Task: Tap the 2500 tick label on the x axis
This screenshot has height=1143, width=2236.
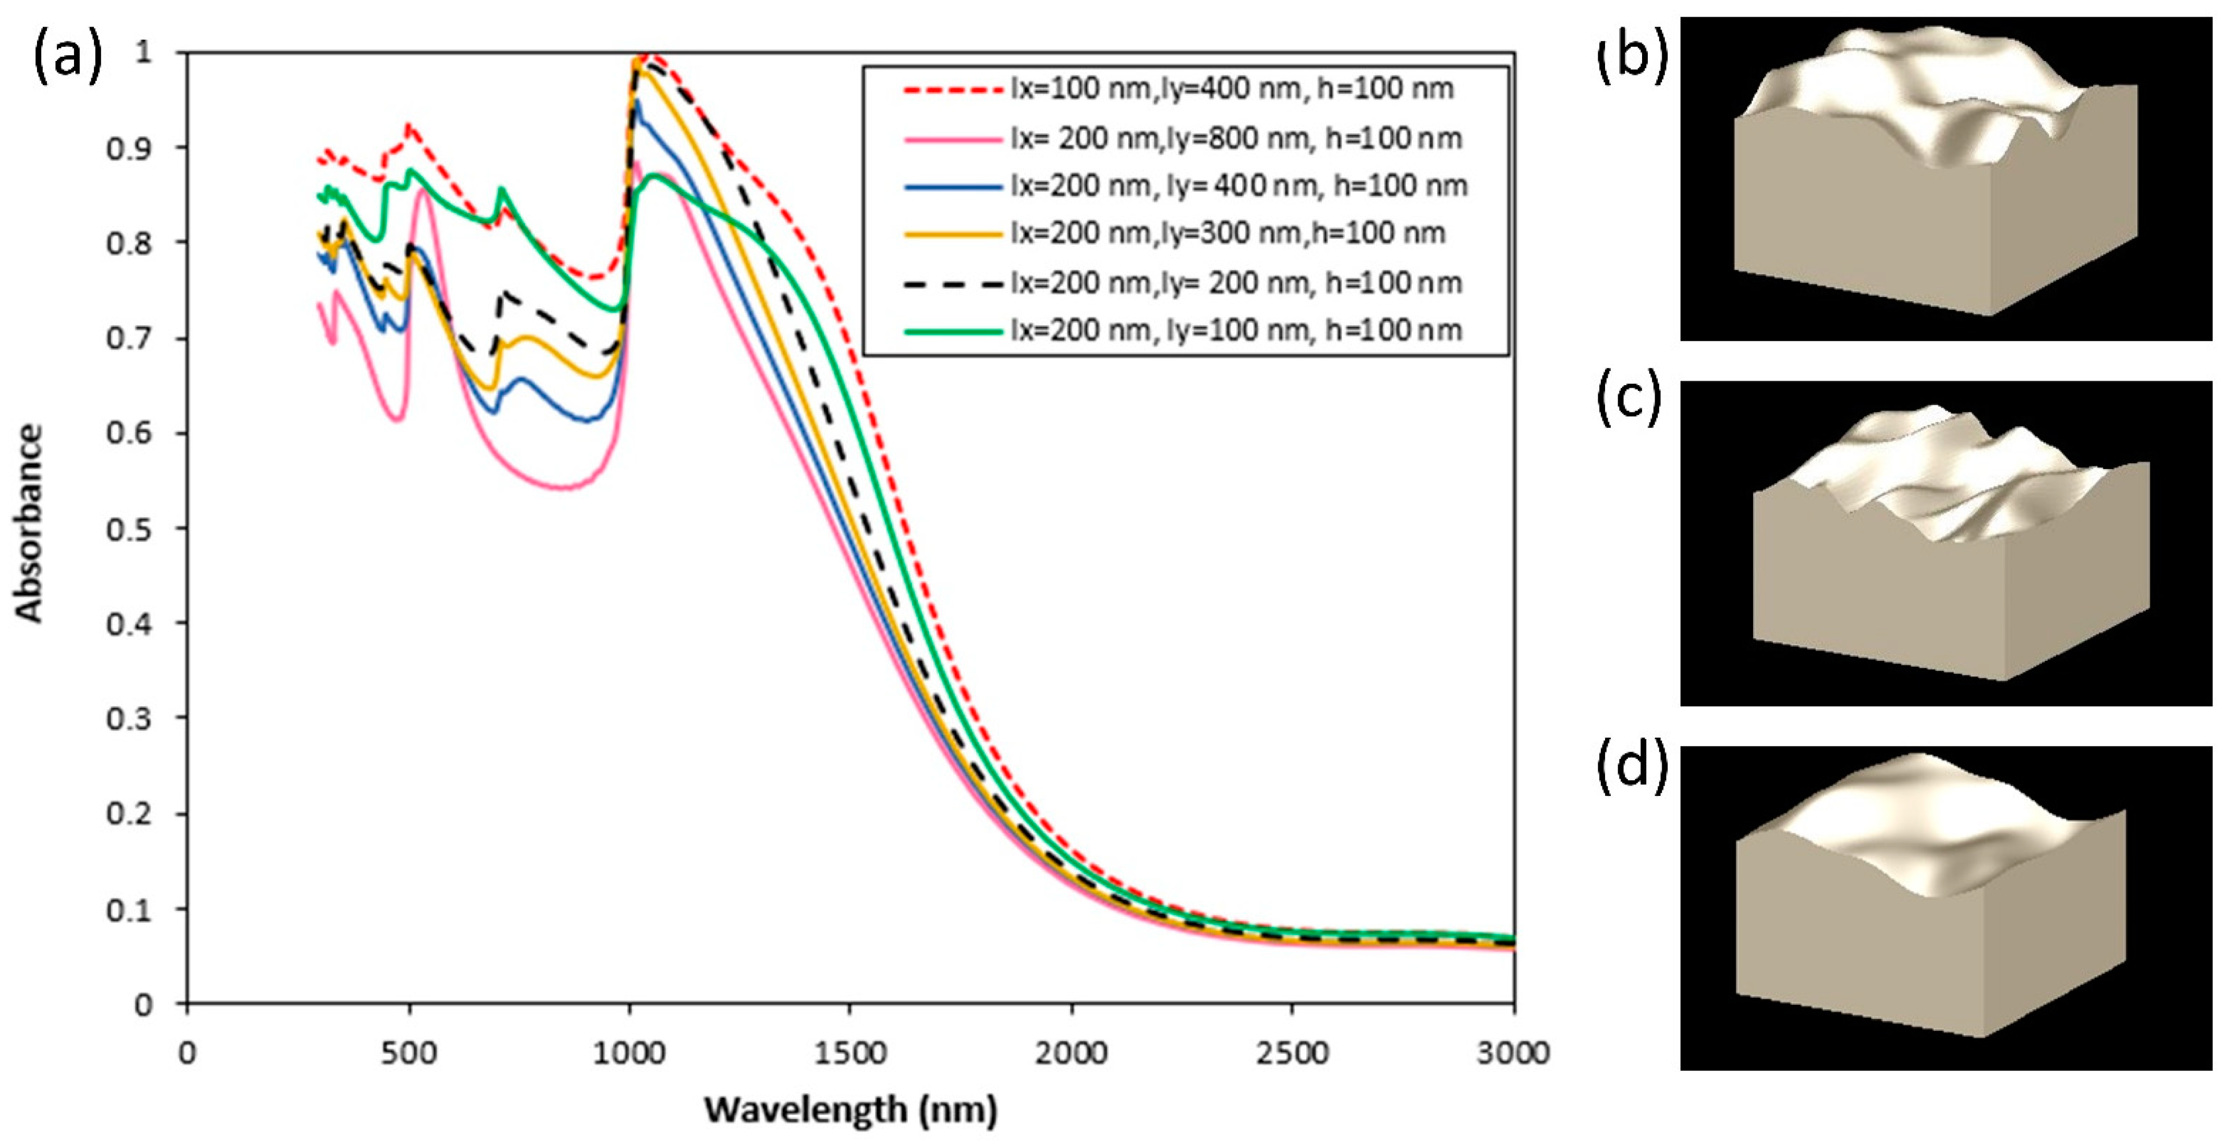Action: click(x=1293, y=1053)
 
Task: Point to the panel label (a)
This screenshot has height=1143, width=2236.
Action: click(x=68, y=59)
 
